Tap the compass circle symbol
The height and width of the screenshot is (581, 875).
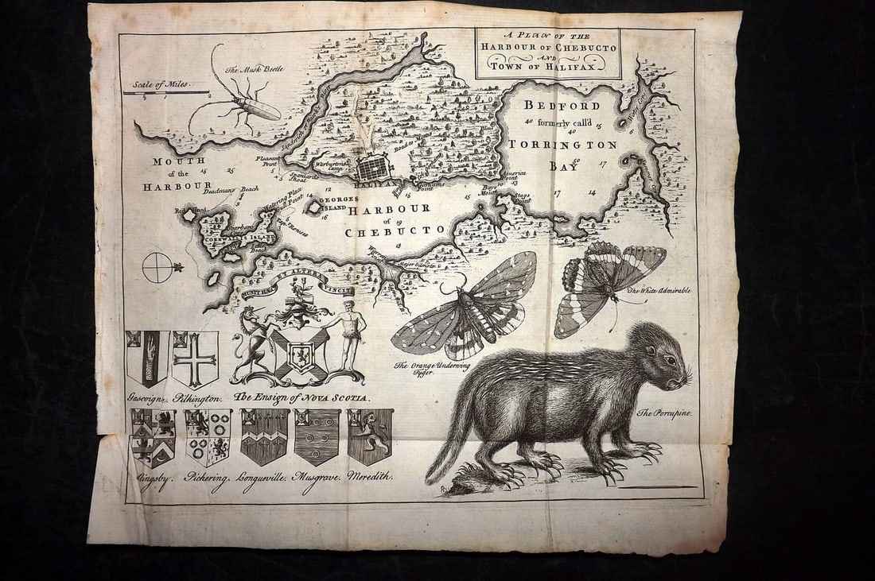pos(157,267)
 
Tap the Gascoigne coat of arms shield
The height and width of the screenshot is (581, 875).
pos(148,358)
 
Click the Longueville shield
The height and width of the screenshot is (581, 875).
pos(263,436)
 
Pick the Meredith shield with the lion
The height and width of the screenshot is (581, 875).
pos(370,436)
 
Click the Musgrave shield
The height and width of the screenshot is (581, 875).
pos(317,436)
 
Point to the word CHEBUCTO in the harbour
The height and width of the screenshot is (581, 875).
pos(395,231)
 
